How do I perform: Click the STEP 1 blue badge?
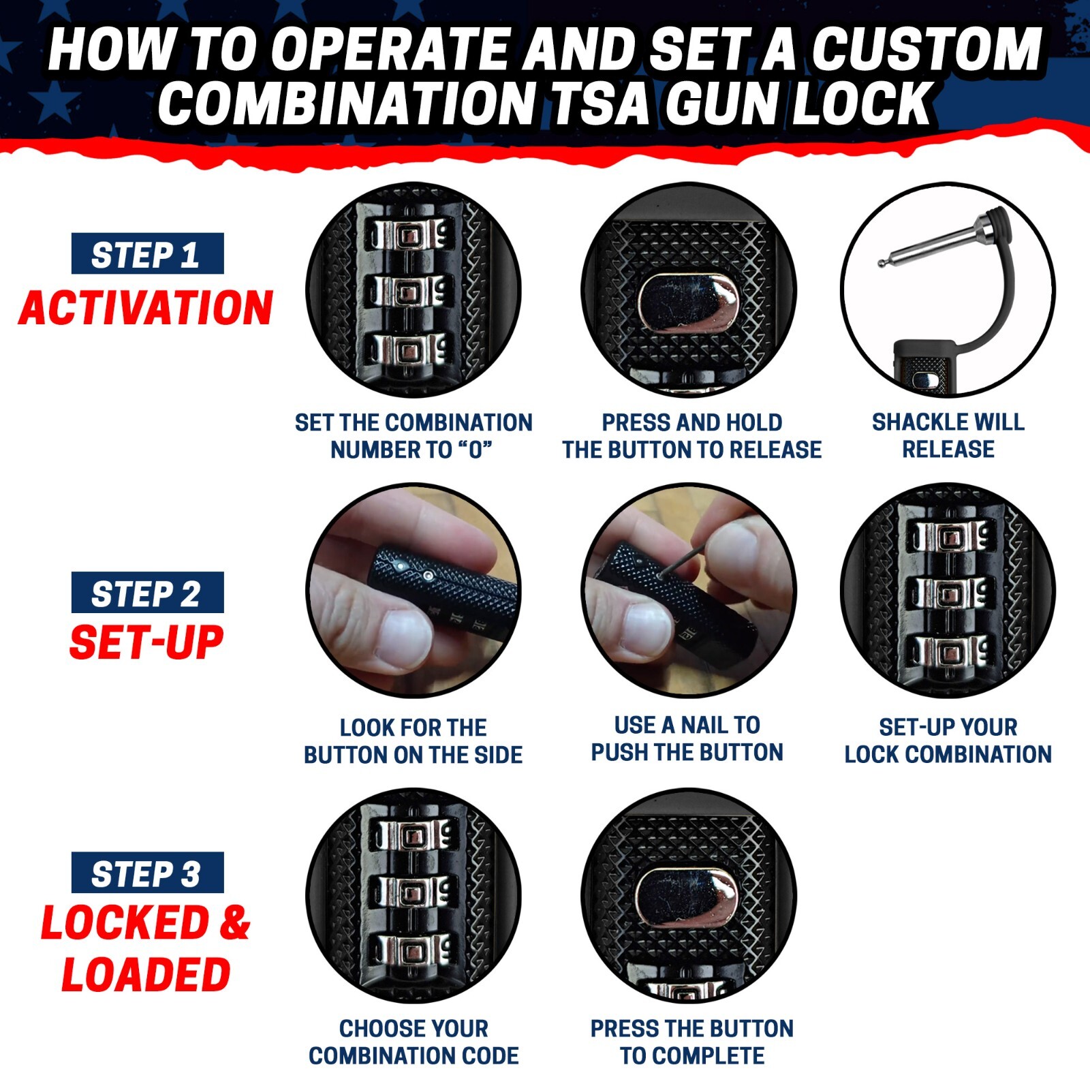click(x=147, y=254)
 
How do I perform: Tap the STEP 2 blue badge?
click(x=147, y=593)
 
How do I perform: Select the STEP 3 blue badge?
click(x=147, y=873)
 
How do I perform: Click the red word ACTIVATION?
click(x=146, y=308)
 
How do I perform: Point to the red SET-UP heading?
click(x=146, y=642)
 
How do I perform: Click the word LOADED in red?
click(x=146, y=974)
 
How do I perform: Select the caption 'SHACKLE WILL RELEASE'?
click(x=948, y=435)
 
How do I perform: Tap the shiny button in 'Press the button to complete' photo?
click(x=687, y=898)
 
